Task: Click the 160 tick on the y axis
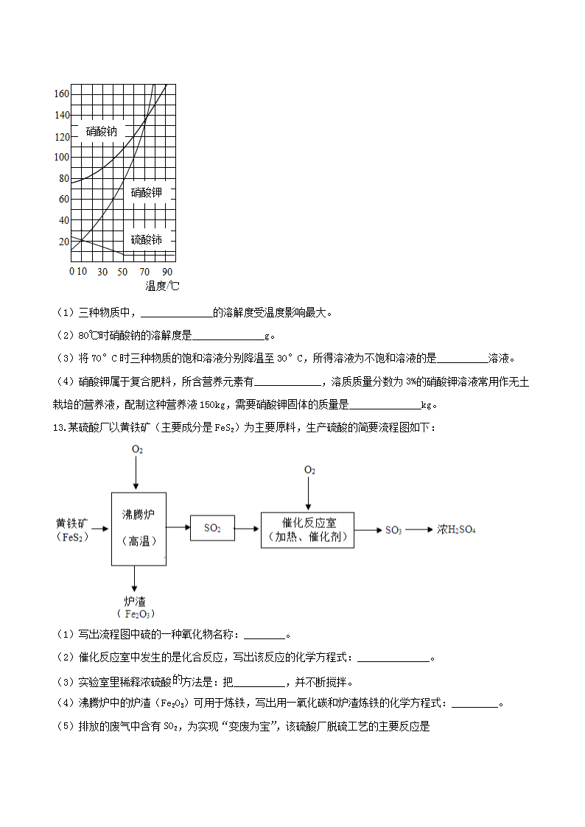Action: (x=62, y=94)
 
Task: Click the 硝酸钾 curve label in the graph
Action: (x=146, y=193)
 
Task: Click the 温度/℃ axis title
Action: (x=162, y=286)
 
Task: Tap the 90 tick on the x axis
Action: (x=167, y=272)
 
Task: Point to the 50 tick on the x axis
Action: (x=122, y=272)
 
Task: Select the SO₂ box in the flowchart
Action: (x=212, y=528)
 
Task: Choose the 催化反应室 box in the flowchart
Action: (x=307, y=529)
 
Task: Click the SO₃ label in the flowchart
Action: (x=393, y=530)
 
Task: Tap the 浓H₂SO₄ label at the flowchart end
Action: (x=456, y=529)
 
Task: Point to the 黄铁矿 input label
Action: (x=71, y=524)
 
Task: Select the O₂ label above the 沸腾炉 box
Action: (x=137, y=449)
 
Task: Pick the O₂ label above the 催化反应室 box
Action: (x=309, y=470)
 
